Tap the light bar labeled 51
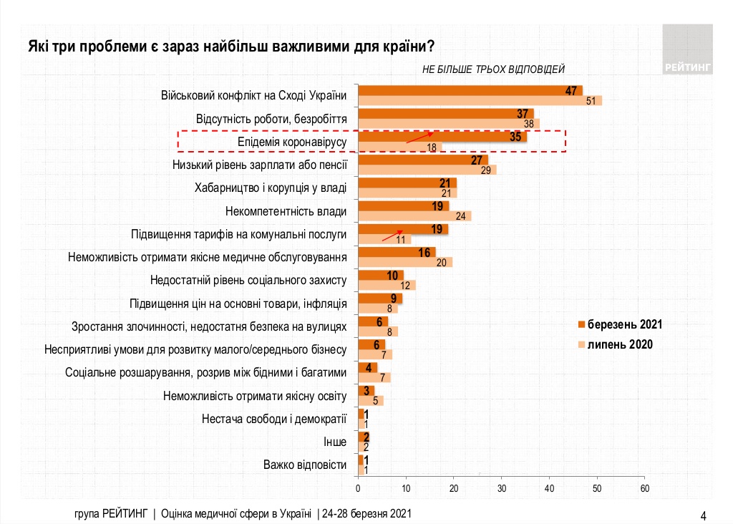tap(480, 101)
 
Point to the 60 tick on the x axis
tap(644, 488)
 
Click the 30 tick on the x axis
tap(501, 488)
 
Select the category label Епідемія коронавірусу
tap(292, 142)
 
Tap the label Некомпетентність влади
tap(286, 212)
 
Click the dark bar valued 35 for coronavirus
tap(442, 137)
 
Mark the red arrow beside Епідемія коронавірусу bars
tap(420, 137)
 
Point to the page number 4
tap(703, 515)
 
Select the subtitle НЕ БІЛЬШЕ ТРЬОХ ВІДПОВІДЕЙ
tap(493, 69)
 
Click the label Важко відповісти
tap(304, 465)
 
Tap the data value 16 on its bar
tap(424, 252)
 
